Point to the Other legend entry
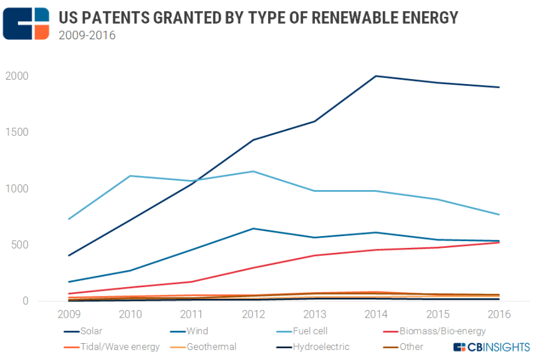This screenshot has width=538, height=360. point(411,347)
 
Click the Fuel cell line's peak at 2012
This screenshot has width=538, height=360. point(253,171)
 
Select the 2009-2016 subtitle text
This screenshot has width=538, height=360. point(87,35)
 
